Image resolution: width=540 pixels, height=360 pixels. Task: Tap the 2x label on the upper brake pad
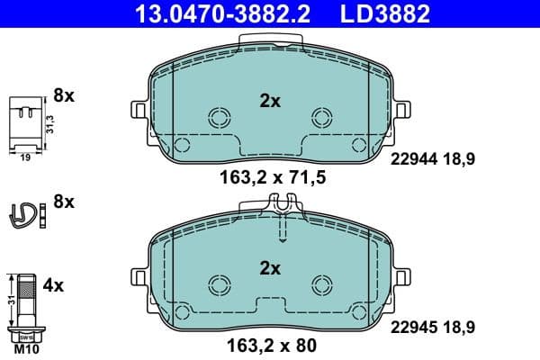click(270, 102)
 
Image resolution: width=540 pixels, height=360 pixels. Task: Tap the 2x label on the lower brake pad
click(270, 267)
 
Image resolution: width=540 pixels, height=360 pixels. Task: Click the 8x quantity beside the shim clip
click(65, 94)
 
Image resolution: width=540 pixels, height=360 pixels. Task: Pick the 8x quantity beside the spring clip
click(65, 202)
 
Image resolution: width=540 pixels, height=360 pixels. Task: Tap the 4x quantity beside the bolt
click(54, 285)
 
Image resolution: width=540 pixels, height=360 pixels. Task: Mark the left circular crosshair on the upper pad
click(219, 118)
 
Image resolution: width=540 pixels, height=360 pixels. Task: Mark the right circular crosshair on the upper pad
click(321, 118)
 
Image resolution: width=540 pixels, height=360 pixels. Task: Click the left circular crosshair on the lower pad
click(219, 284)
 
